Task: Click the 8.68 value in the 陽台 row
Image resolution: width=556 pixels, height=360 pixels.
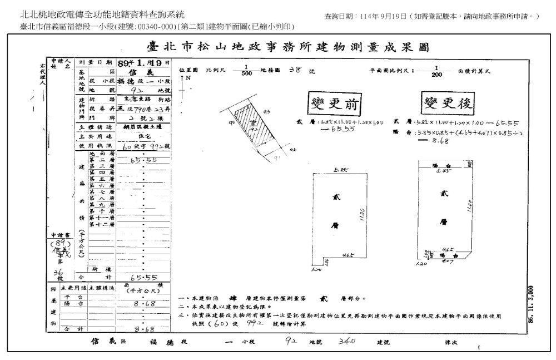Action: [x=142, y=304]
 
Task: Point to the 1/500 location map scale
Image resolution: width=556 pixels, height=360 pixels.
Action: [x=247, y=71]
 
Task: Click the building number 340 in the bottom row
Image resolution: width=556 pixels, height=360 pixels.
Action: [x=346, y=342]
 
